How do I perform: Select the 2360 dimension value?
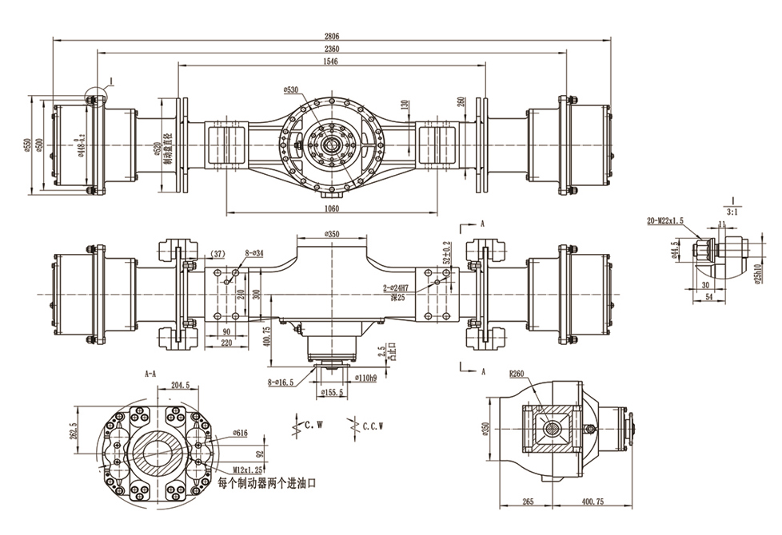[x=332, y=49]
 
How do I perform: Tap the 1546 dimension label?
[x=332, y=61]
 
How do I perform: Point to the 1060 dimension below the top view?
[x=332, y=209]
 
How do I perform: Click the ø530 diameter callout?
[x=291, y=89]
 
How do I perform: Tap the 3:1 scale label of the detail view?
[x=732, y=212]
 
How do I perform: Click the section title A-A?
[x=150, y=373]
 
